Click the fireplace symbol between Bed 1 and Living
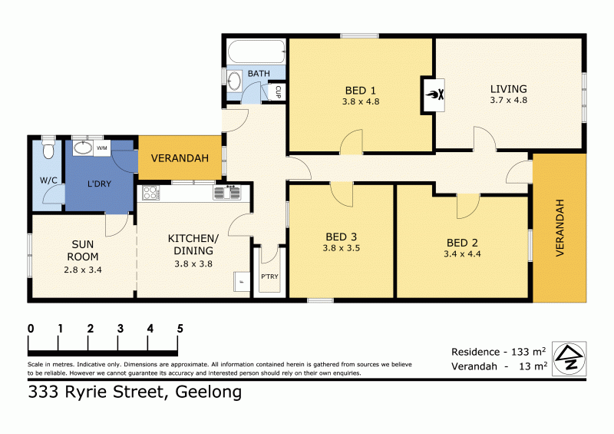tap(431, 95)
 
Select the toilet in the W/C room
tap(48, 148)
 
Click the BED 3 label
tap(342, 237)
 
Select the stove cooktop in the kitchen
tap(149, 192)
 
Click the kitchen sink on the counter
tap(225, 192)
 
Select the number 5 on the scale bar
tap(180, 328)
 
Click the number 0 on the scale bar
tap(31, 328)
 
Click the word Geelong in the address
tap(209, 393)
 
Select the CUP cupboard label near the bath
tap(278, 92)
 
